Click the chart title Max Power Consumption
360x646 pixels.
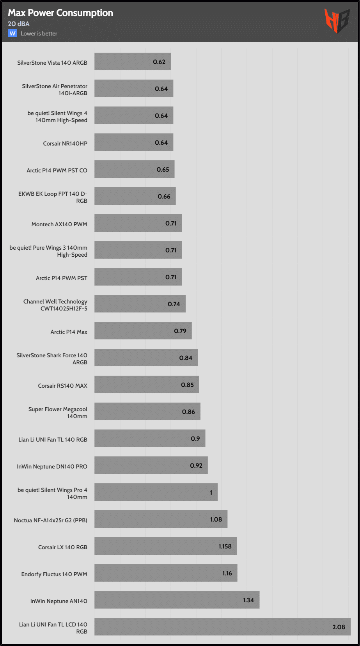point(60,13)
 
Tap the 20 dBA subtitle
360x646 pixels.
point(19,24)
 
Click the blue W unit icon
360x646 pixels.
point(12,33)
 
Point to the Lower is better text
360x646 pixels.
point(39,34)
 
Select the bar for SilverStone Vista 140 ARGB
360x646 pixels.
point(133,62)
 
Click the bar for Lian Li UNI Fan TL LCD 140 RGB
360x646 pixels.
point(222,626)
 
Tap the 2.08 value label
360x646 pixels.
point(339,627)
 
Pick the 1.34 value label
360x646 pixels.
point(248,600)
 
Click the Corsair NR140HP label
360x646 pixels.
point(65,144)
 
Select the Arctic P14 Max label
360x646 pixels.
point(69,332)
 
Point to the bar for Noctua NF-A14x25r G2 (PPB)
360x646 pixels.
point(161,519)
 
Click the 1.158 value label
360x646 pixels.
point(225,546)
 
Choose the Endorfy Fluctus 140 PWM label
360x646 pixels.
point(54,574)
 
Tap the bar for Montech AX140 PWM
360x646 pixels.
point(138,223)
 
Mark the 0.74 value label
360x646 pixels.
point(174,304)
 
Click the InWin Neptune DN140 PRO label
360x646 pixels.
point(52,467)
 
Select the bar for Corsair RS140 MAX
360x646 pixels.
point(147,384)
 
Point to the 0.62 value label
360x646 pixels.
point(159,62)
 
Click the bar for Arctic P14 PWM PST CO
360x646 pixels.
point(134,169)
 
